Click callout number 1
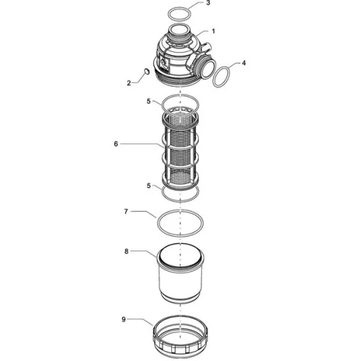point(213,31)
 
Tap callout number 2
point(129,83)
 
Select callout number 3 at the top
point(208,3)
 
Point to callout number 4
point(244,63)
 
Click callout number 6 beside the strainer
point(116,144)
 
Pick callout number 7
point(126,212)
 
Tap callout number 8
point(127,251)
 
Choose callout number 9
point(124,320)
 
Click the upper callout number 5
point(149,101)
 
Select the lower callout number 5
point(149,186)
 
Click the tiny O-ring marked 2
point(147,71)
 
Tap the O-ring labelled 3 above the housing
point(179,14)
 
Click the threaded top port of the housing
point(179,33)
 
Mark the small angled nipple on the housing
point(205,46)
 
